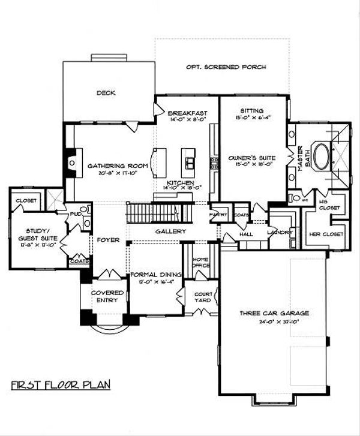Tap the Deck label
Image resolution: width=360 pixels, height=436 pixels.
coord(106,93)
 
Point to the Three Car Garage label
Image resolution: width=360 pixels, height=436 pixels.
coord(274,313)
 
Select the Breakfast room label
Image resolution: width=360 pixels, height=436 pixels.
coord(187,113)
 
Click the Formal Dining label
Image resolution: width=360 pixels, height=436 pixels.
coord(155,271)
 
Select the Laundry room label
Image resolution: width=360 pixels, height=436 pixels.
coord(281,231)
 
